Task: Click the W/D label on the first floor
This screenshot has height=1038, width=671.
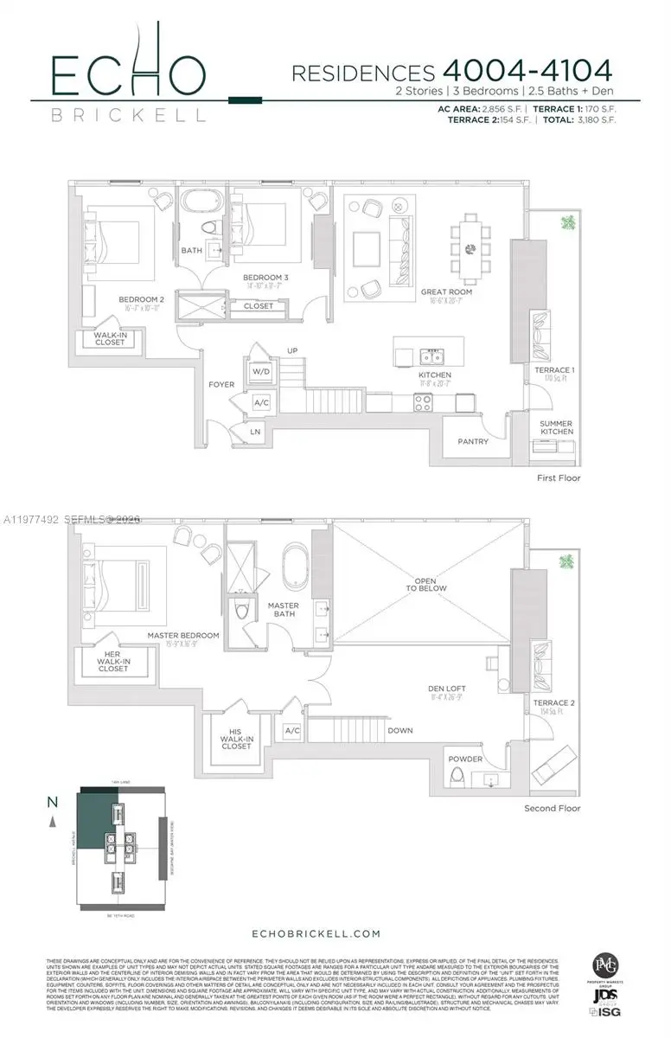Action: pyautogui.click(x=260, y=371)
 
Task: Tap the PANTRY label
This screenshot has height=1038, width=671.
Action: pyautogui.click(x=473, y=441)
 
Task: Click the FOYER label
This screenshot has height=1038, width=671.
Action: pyautogui.click(x=221, y=384)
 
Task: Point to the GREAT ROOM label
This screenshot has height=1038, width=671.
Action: pyautogui.click(x=445, y=292)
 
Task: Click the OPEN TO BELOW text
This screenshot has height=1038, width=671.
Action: pyautogui.click(x=430, y=584)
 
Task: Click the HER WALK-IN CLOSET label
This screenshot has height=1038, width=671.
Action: pyautogui.click(x=112, y=663)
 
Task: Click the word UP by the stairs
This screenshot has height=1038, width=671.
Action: pyautogui.click(x=292, y=350)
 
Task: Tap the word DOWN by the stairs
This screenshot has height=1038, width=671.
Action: pyautogui.click(x=400, y=730)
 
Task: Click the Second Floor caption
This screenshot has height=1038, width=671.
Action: pyautogui.click(x=553, y=808)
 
